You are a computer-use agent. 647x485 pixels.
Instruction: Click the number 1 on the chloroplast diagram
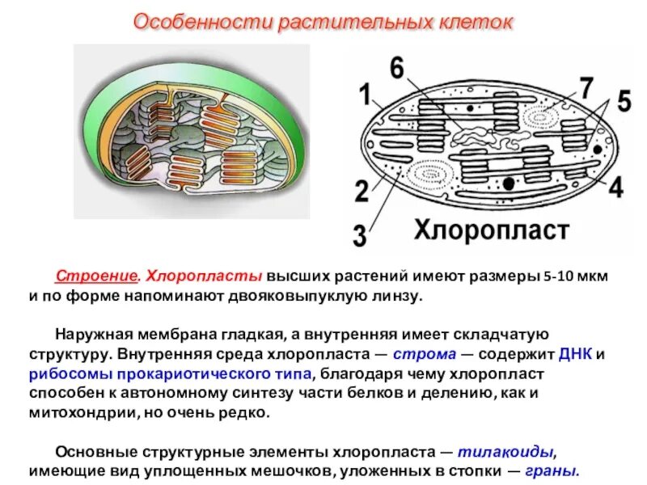[x=364, y=96]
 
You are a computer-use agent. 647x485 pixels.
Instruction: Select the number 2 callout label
[x=362, y=191]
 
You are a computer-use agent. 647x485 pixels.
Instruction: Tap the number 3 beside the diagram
[x=359, y=236]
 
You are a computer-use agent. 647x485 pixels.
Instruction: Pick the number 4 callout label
[x=616, y=188]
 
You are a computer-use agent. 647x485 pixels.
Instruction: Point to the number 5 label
[x=624, y=102]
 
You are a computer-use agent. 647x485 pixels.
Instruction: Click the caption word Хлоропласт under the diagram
[x=492, y=230]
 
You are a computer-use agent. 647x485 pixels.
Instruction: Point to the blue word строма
[x=419, y=354]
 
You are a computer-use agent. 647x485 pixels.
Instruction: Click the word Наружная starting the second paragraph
[x=88, y=335]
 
